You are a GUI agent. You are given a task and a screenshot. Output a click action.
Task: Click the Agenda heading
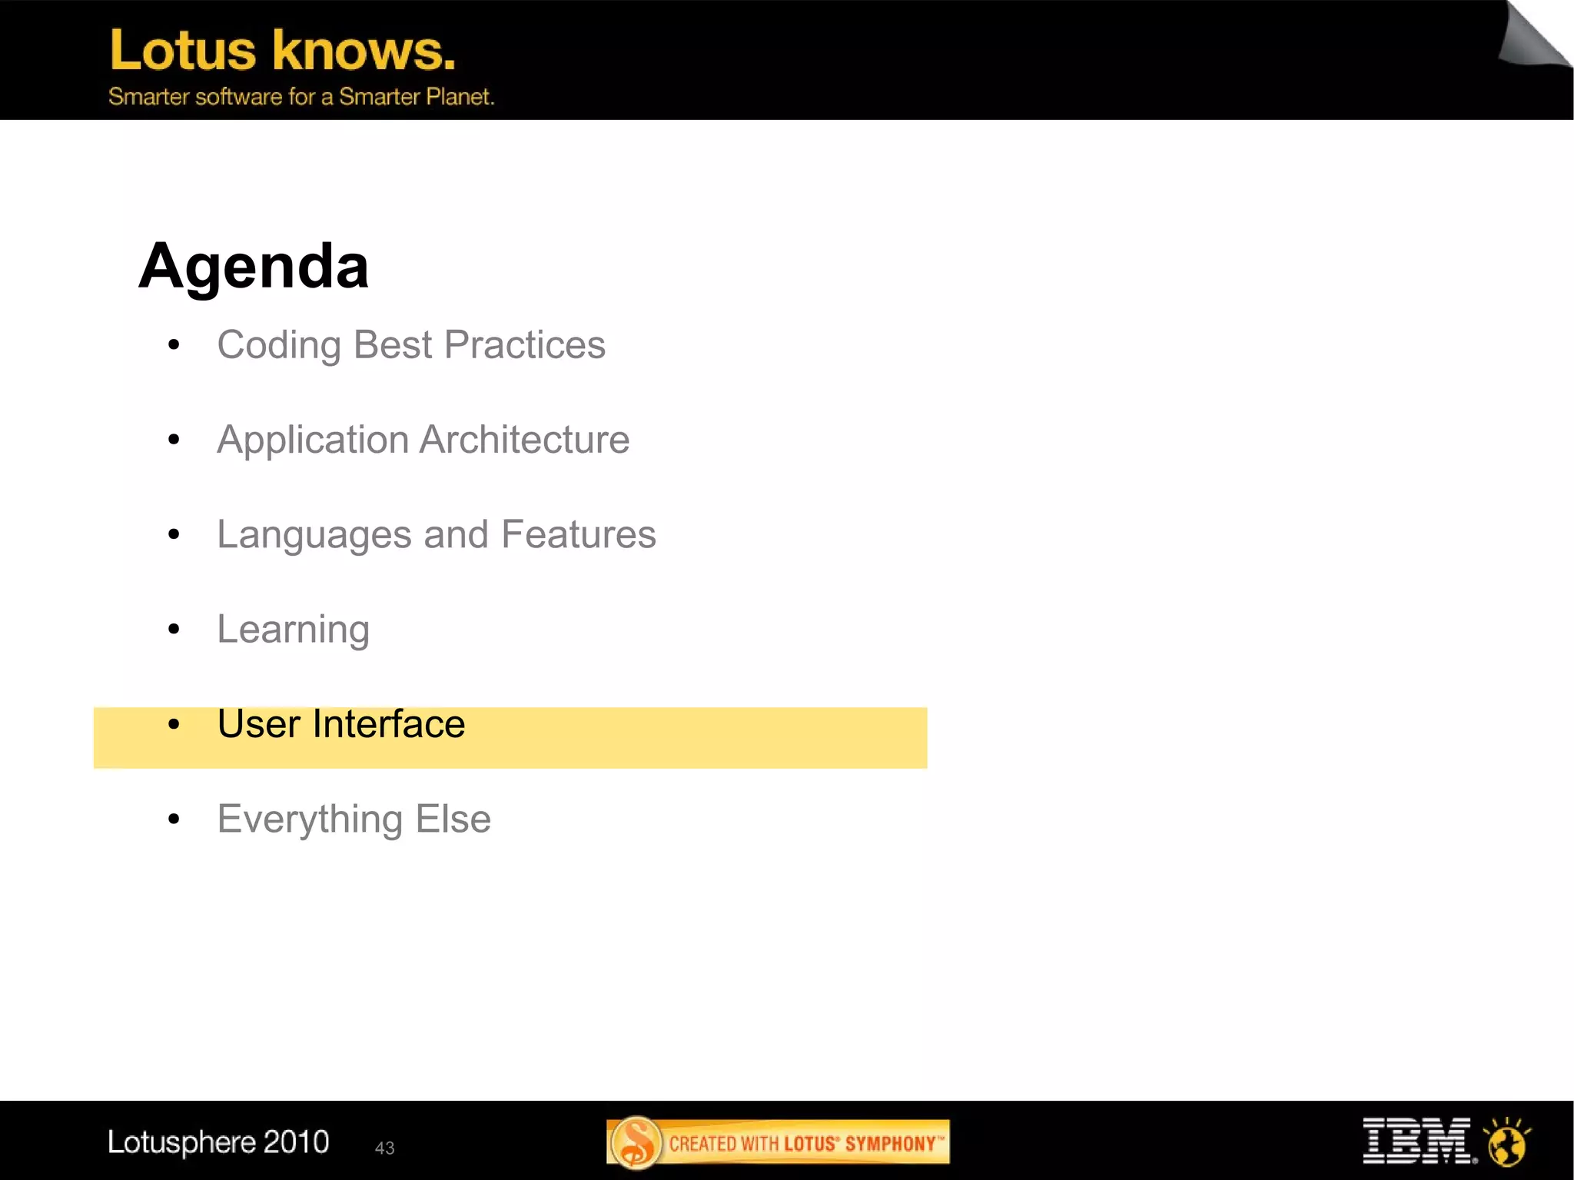click(254, 266)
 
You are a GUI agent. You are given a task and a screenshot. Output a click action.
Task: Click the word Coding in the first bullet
click(278, 345)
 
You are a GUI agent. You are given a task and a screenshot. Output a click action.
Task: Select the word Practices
click(525, 345)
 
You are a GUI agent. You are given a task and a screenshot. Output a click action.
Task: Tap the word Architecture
click(525, 440)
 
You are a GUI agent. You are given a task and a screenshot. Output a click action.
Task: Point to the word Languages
click(314, 535)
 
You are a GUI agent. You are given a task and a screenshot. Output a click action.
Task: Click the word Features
click(578, 534)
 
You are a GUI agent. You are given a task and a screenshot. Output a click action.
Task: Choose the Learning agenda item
click(293, 630)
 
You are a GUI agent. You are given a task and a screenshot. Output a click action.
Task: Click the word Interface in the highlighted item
click(388, 724)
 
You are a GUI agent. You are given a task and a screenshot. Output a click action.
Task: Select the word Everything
click(310, 819)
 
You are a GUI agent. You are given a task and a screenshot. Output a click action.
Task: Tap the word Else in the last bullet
click(453, 819)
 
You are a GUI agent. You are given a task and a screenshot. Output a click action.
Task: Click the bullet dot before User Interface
click(174, 724)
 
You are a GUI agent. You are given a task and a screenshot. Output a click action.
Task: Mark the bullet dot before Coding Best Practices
click(174, 345)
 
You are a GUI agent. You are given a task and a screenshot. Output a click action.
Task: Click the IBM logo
click(1416, 1141)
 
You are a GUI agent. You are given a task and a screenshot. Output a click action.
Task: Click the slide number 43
click(384, 1148)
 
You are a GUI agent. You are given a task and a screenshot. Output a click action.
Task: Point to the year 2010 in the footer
click(296, 1142)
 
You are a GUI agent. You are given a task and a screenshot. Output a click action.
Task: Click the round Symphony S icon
click(636, 1142)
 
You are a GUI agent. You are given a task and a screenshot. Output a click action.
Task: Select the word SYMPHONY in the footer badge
click(890, 1144)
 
